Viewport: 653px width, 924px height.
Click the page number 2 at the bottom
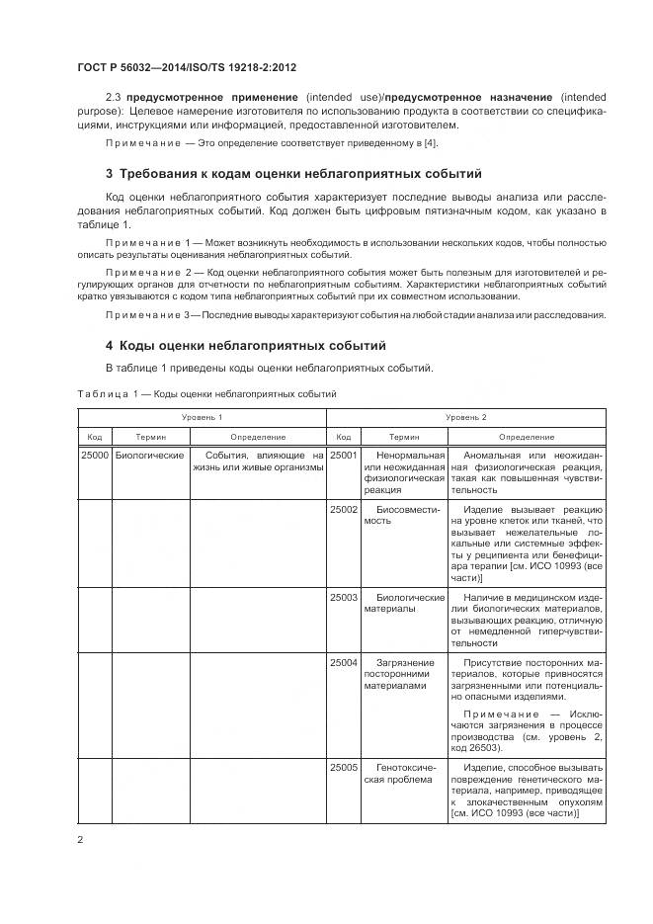80,840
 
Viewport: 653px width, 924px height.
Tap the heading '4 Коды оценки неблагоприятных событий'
245,345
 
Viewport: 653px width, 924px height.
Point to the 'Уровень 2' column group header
465,418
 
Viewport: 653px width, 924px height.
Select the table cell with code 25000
94,456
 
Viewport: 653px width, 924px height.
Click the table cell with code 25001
343,456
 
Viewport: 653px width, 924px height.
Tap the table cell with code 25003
343,598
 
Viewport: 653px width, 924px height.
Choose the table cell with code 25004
343,663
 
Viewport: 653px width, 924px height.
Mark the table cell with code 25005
343,767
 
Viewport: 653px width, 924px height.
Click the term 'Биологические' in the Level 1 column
150,456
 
